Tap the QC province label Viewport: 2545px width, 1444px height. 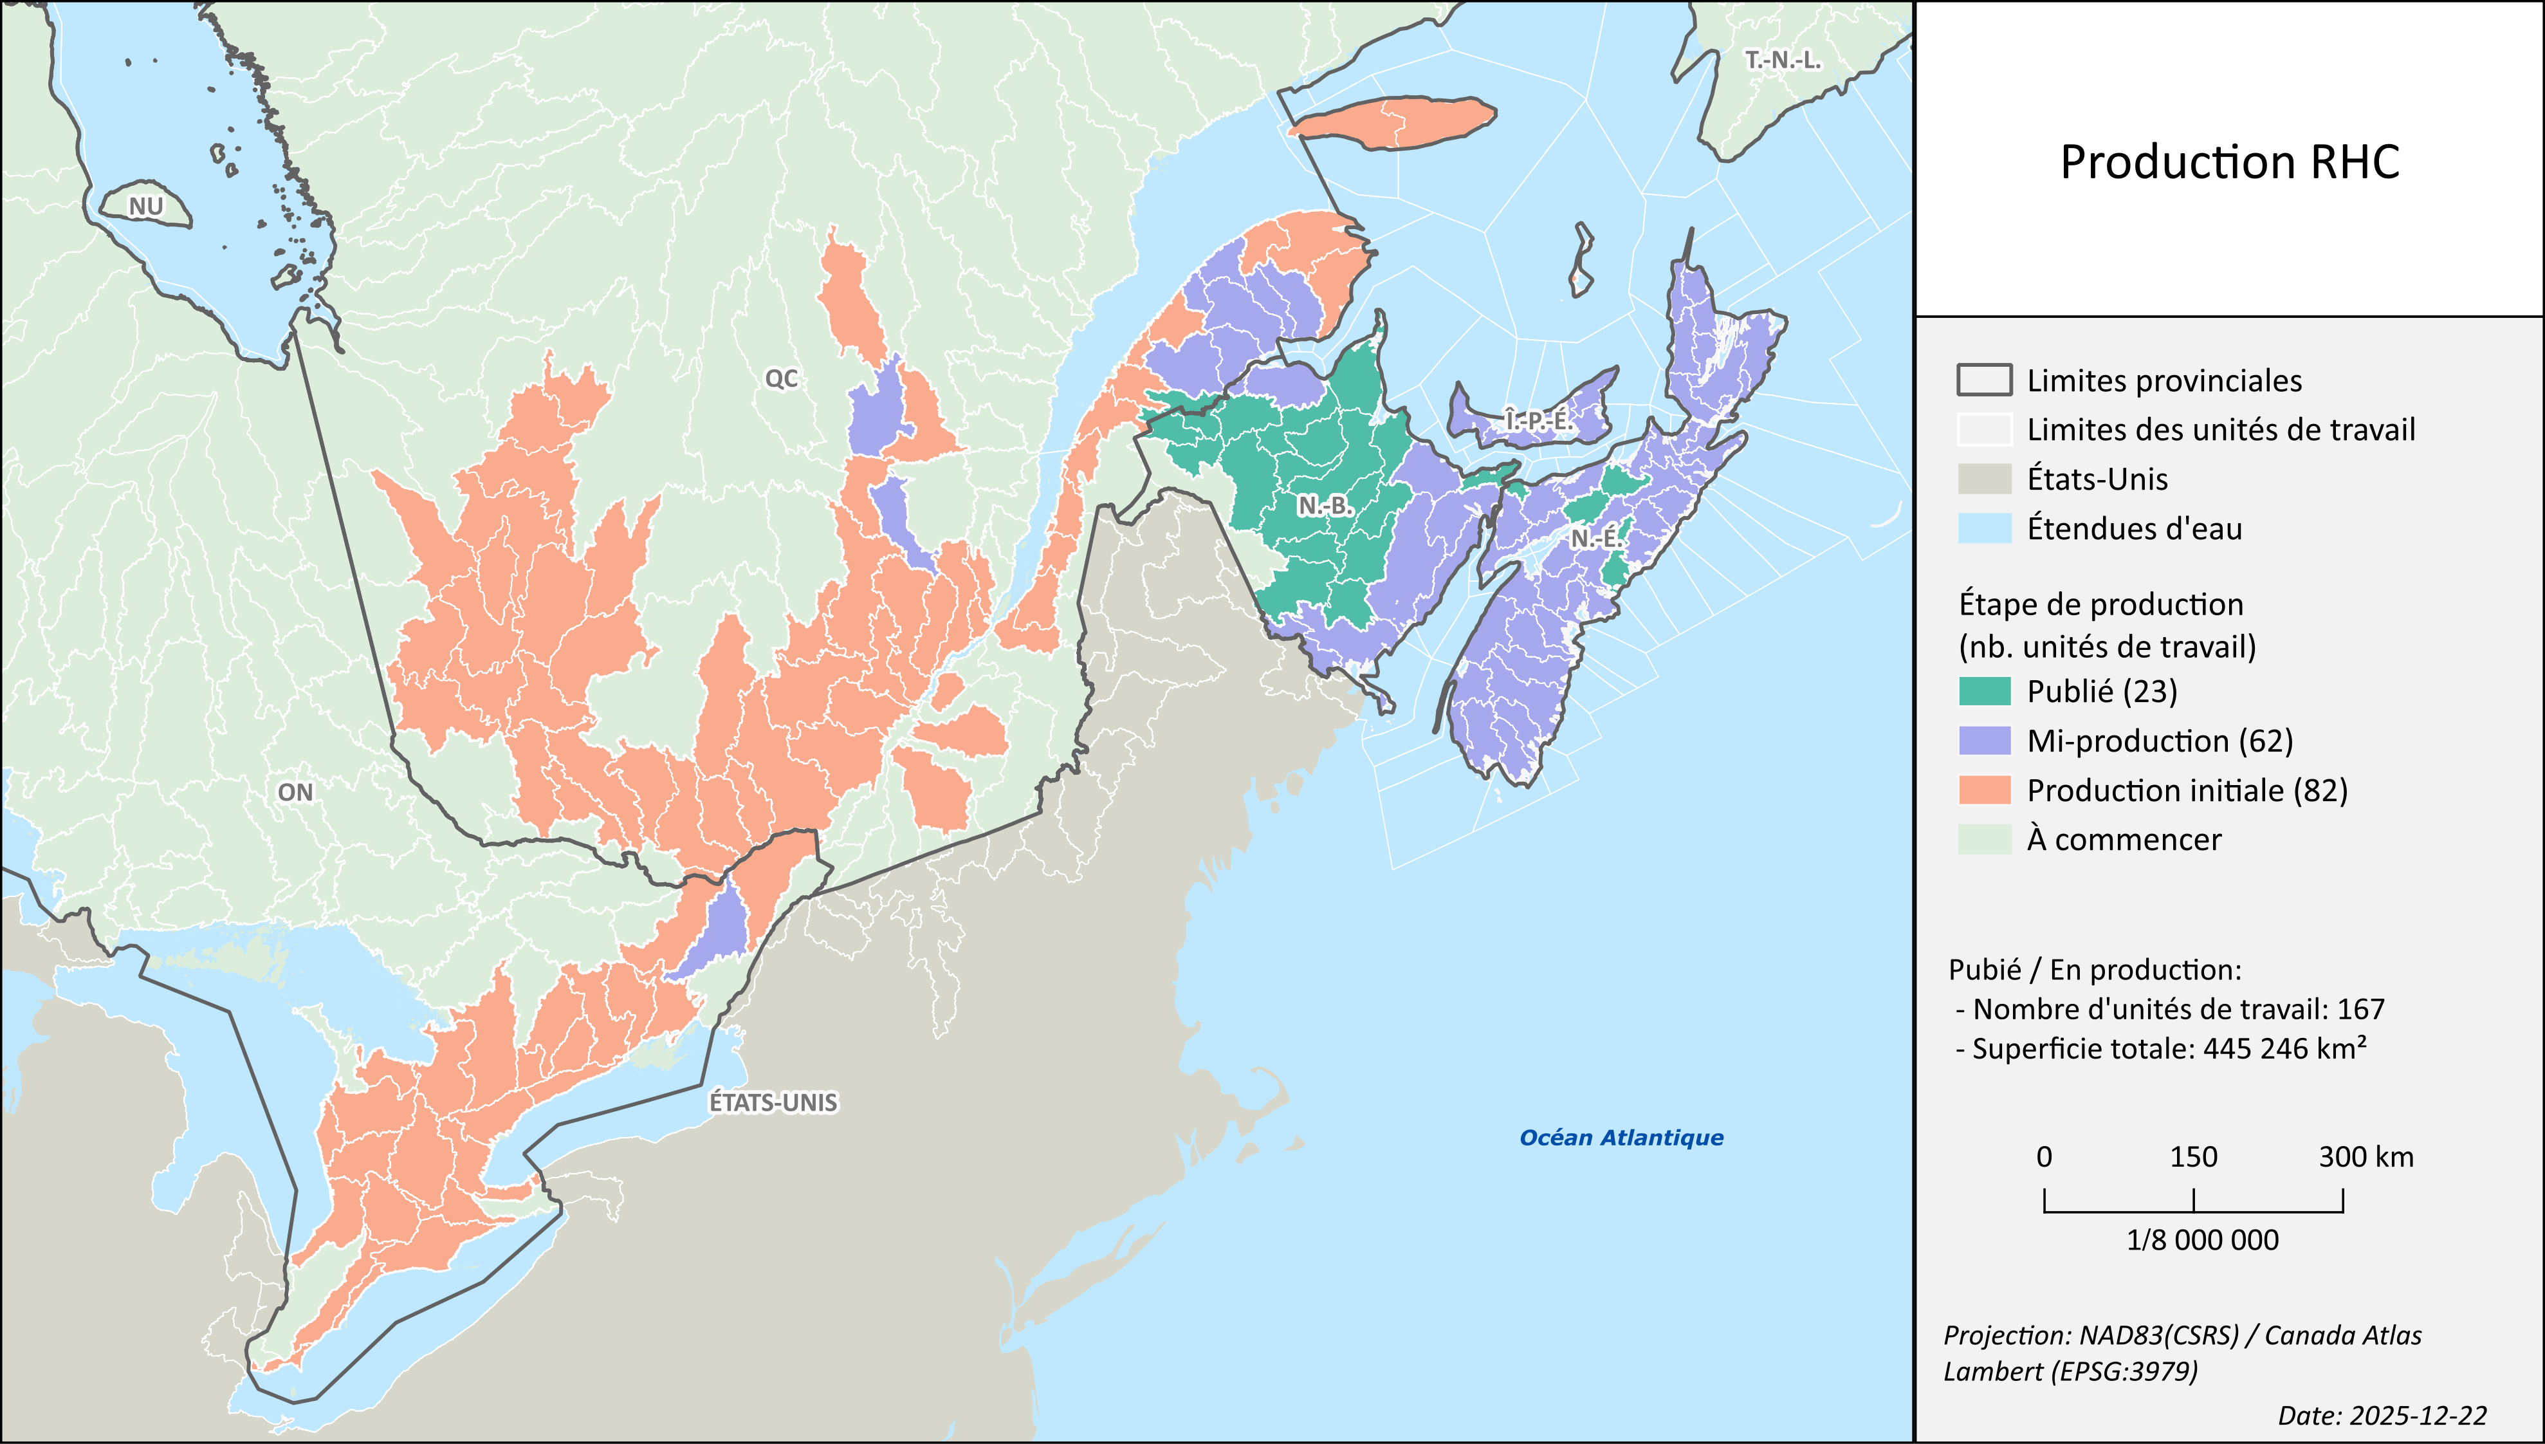click(781, 378)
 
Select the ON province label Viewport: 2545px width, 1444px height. click(295, 792)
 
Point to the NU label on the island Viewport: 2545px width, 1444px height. click(146, 207)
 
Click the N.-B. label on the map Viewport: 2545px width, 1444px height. click(1325, 506)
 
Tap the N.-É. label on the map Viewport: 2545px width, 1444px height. click(1596, 539)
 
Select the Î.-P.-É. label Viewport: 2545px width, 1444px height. click(1538, 420)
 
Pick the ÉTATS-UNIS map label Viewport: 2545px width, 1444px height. click(773, 1102)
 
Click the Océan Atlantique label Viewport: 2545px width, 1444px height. click(1621, 1138)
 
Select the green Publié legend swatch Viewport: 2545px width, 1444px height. click(1984, 691)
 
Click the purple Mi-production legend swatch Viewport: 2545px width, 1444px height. click(1984, 741)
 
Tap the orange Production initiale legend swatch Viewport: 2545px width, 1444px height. click(1984, 790)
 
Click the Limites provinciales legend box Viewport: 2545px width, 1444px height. click(1984, 380)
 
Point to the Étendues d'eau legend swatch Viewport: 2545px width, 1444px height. click(1984, 528)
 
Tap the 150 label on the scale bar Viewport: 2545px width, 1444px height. click(2193, 1156)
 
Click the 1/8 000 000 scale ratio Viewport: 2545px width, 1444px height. click(2202, 1240)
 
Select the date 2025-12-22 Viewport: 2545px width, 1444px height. click(2382, 1415)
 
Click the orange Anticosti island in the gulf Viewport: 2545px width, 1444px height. click(1393, 123)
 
